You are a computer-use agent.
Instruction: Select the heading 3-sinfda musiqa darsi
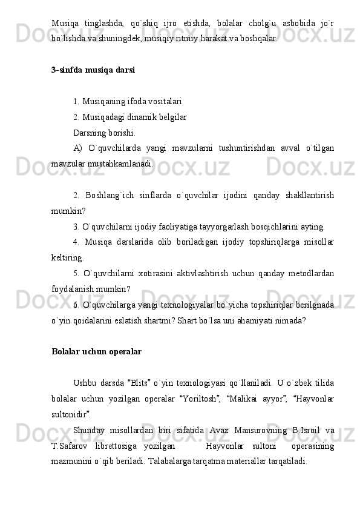tap(93, 69)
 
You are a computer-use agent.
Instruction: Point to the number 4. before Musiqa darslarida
tap(76, 243)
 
